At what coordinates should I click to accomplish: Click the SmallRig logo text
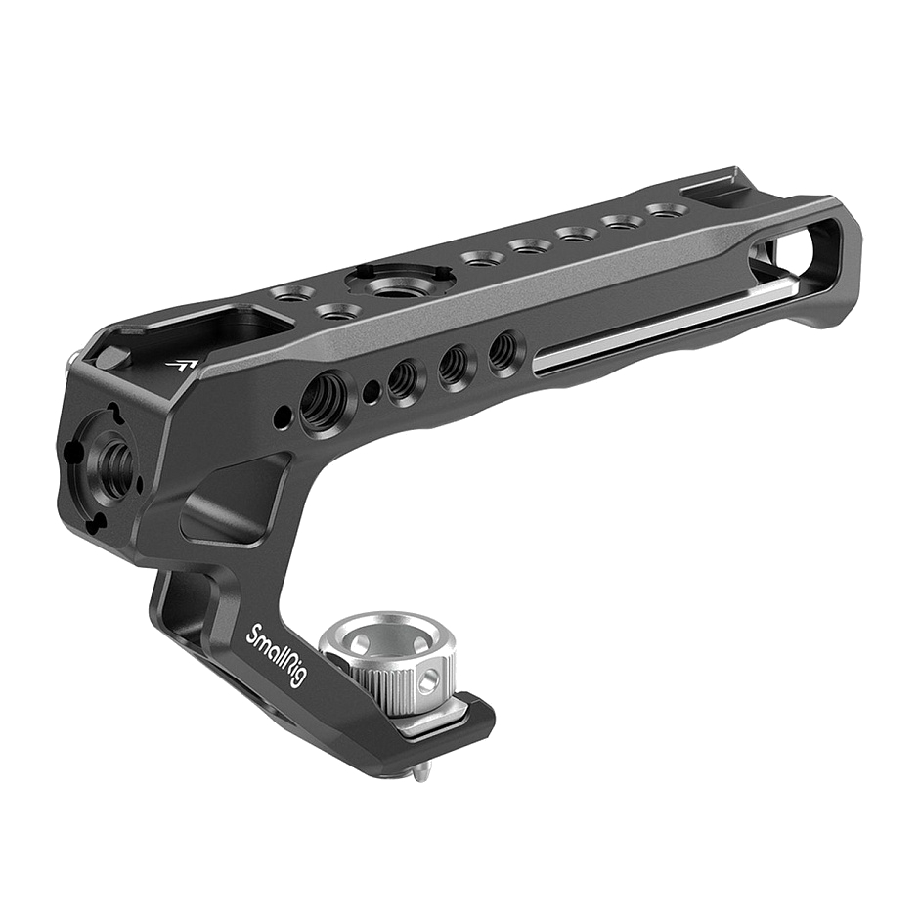point(276,655)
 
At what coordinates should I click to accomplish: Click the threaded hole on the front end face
point(115,456)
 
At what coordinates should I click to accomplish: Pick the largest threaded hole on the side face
point(322,400)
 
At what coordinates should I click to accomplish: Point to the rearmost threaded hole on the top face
point(664,210)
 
